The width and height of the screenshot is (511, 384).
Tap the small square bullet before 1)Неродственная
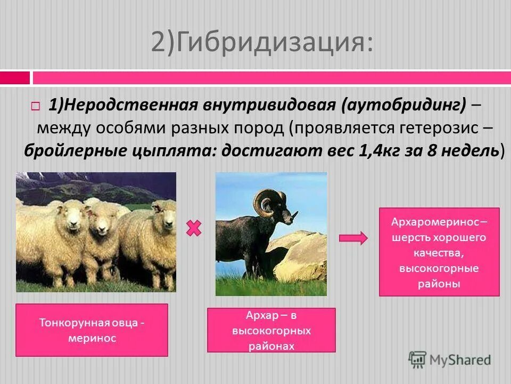[35, 106]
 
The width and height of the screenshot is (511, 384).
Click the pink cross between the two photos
[194, 229]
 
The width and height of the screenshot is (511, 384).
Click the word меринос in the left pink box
[92, 338]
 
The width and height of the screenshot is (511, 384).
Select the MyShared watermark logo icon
[418, 359]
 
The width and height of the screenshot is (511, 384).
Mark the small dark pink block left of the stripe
[15, 78]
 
